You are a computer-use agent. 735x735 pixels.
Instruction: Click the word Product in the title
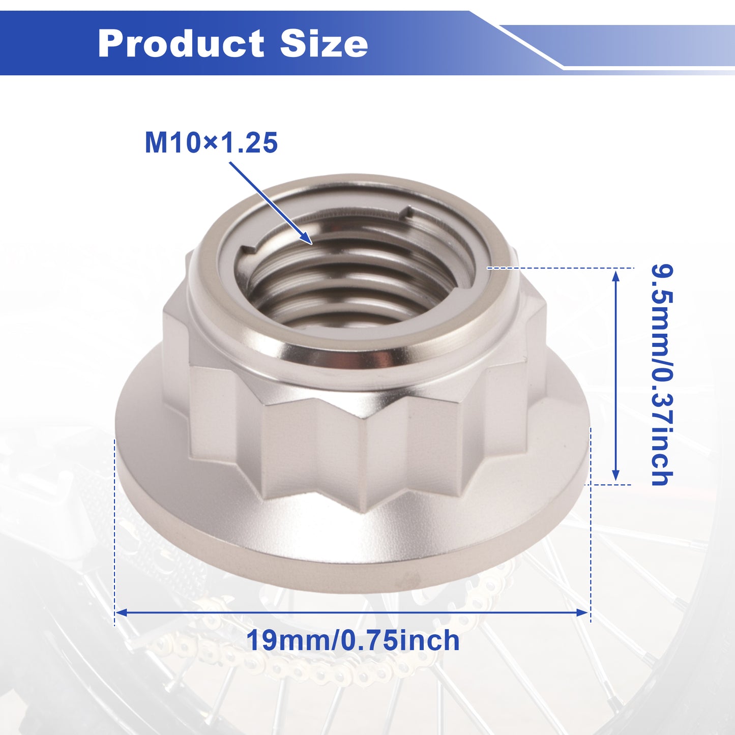pos(181,43)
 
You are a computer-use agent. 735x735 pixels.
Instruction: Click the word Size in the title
pos(324,43)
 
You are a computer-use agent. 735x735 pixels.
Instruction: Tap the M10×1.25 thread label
pos(211,143)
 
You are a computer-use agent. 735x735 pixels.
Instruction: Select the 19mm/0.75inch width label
pos(353,640)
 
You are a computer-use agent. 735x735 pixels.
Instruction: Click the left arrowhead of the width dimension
pos(121,612)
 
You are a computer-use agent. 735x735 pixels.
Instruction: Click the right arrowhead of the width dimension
pos(582,612)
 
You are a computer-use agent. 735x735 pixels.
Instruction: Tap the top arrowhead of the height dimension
pos(615,275)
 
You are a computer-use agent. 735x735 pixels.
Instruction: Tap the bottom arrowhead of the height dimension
pos(615,475)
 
